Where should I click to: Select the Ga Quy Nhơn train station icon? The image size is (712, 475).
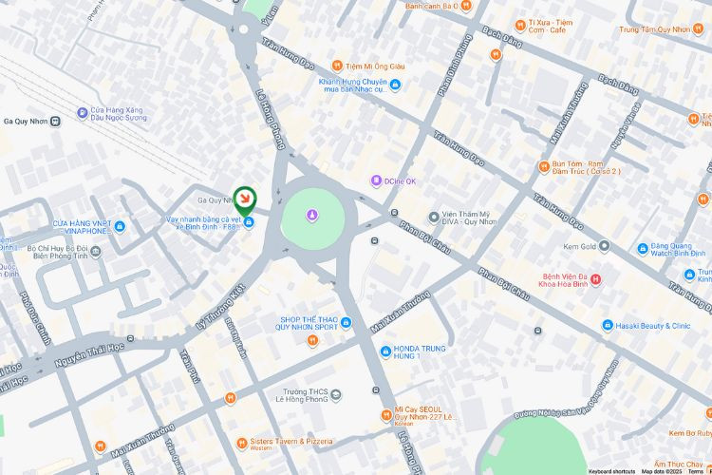tap(57, 121)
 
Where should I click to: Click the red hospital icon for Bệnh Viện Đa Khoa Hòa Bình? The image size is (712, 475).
tap(595, 279)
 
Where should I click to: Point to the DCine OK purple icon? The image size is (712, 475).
tap(376, 180)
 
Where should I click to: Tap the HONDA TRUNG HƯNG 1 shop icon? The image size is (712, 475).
tap(385, 351)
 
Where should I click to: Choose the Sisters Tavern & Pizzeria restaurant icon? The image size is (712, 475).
tap(242, 442)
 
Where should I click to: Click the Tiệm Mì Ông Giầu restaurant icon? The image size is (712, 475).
tap(336, 66)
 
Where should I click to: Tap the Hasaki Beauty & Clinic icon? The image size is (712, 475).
tap(608, 326)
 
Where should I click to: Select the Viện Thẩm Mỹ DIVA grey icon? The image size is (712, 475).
tap(434, 218)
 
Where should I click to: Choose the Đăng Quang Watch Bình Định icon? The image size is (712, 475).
tap(643, 246)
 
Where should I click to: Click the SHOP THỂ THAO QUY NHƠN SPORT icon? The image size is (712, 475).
tap(346, 320)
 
